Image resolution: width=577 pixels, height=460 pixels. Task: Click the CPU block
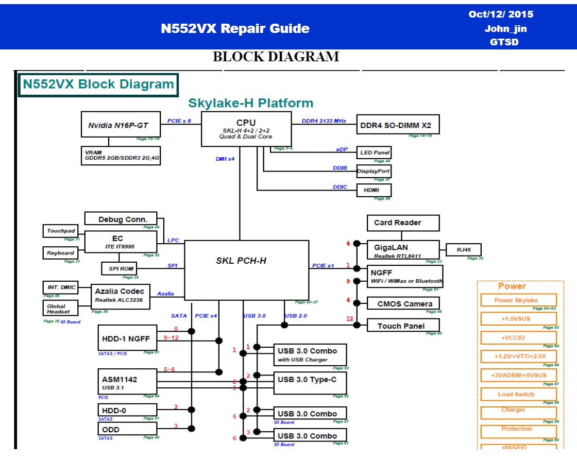246,129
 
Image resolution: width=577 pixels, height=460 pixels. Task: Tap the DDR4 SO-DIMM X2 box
397,125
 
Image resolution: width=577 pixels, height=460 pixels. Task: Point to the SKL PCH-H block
246,269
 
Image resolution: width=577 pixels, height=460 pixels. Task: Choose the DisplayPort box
374,171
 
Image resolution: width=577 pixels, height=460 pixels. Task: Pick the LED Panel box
374,152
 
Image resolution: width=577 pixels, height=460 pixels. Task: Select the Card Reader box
403,223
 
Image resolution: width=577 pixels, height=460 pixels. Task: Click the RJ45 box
463,250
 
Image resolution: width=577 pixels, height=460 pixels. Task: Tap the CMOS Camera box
403,303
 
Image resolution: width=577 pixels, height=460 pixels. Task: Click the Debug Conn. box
121,219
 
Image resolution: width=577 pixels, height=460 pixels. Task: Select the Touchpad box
61,231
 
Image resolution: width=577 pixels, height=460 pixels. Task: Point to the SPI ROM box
121,269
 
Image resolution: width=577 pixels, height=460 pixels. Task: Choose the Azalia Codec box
120,296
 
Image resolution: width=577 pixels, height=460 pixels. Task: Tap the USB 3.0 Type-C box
310,383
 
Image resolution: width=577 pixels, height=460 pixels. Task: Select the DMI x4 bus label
225,159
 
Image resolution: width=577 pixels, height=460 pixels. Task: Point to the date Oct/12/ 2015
501,14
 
